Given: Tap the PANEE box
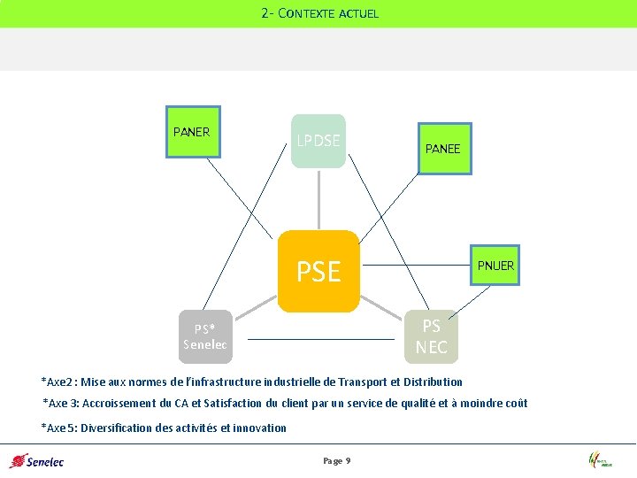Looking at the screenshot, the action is pyautogui.click(x=442, y=149).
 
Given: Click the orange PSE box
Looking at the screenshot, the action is pyautogui.click(x=318, y=271).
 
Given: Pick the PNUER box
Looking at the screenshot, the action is pyautogui.click(x=495, y=266).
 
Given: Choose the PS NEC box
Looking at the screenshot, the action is pyautogui.click(x=432, y=336).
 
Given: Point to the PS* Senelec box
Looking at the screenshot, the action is pyautogui.click(x=205, y=336).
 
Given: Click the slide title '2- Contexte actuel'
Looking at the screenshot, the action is pyautogui.click(x=319, y=13).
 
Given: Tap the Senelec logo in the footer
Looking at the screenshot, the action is pyautogui.click(x=36, y=460).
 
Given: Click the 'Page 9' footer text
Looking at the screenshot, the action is pyautogui.click(x=337, y=461).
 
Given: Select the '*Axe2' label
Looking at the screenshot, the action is pyautogui.click(x=58, y=382).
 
